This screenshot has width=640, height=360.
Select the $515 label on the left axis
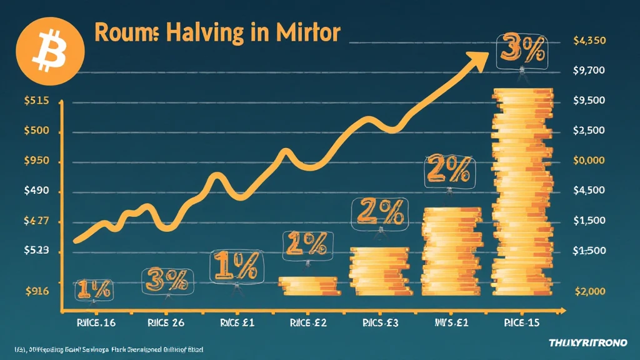(36, 101)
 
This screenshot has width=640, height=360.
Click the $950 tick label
(36, 161)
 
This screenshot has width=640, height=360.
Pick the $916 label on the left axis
(36, 290)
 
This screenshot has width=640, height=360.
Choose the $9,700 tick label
(589, 71)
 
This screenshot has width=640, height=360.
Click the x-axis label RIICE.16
(91, 323)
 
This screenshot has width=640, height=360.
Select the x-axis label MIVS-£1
(452, 323)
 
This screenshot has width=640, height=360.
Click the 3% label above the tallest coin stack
(521, 52)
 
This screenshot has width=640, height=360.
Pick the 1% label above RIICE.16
(94, 289)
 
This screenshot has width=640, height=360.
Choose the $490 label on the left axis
(36, 191)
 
